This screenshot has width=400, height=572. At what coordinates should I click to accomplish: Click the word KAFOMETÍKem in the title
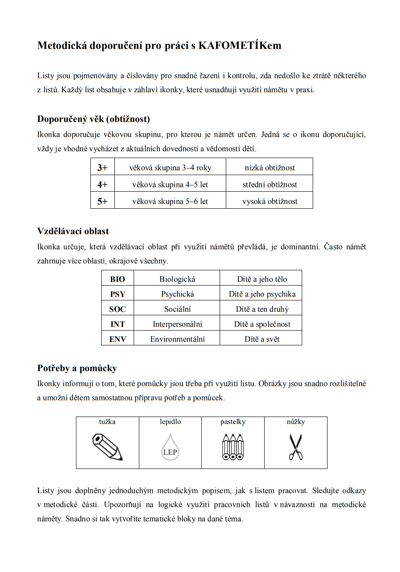click(x=240, y=45)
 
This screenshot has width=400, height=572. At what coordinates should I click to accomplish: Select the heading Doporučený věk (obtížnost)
click(x=93, y=119)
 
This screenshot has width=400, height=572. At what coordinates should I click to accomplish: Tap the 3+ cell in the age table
click(x=103, y=168)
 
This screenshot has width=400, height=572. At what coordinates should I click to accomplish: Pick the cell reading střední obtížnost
click(x=269, y=185)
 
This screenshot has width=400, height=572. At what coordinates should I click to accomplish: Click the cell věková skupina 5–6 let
click(x=170, y=201)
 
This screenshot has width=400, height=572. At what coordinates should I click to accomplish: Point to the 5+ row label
click(x=103, y=201)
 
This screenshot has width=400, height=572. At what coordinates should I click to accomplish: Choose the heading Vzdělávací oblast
click(x=73, y=231)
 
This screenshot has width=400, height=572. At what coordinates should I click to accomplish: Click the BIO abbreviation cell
click(x=117, y=279)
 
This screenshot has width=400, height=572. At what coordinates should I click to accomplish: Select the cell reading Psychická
click(x=177, y=294)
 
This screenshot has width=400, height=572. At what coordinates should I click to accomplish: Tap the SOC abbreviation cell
click(x=117, y=309)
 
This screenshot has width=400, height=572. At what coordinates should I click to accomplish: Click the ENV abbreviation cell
click(x=117, y=339)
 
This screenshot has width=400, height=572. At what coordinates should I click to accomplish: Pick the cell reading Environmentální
click(x=177, y=339)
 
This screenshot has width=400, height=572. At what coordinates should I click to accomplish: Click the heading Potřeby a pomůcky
click(x=77, y=369)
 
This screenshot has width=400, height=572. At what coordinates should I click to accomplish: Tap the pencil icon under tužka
click(x=107, y=447)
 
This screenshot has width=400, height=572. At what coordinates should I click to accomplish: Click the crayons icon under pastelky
click(x=233, y=447)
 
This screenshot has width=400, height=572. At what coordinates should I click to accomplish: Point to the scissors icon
click(x=296, y=447)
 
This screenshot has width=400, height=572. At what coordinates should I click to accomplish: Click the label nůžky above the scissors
click(x=296, y=422)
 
